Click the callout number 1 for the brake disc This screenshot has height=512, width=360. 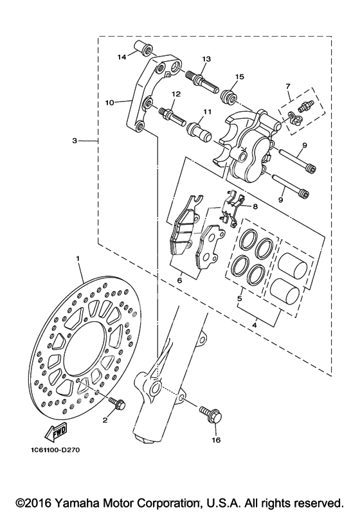pos(78,258)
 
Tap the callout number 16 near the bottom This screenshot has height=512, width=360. pos(216,440)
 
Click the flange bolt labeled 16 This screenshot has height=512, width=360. pos(211,414)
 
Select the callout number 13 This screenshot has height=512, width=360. pos(206,59)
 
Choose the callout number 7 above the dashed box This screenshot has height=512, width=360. pos(288,86)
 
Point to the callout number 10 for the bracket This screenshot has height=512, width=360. pos(110,103)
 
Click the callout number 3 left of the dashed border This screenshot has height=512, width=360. pos(75,141)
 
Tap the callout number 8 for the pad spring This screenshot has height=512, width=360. pos(255,206)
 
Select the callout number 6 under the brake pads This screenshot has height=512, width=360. pos(179,280)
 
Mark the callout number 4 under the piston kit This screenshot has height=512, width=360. pos(255,325)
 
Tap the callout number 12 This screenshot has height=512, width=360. pos(175,94)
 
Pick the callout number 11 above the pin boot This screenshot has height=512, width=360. pos(206,111)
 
